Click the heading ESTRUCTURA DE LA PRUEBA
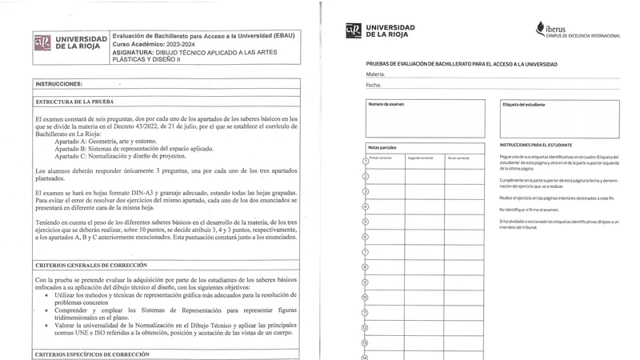[74, 102]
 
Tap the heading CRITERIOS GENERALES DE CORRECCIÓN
[91, 265]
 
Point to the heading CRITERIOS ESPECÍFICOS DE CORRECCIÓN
[92, 354]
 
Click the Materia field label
[375, 74]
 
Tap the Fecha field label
[374, 85]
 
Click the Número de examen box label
[386, 104]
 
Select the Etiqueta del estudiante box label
[524, 105]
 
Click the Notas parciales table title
[382, 147]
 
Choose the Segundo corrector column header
[421, 158]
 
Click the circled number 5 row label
[366, 222]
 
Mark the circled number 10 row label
[366, 297]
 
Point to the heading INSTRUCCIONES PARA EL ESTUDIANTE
[536, 145]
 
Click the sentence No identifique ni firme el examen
[529, 209]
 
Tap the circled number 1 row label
[366, 162]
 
